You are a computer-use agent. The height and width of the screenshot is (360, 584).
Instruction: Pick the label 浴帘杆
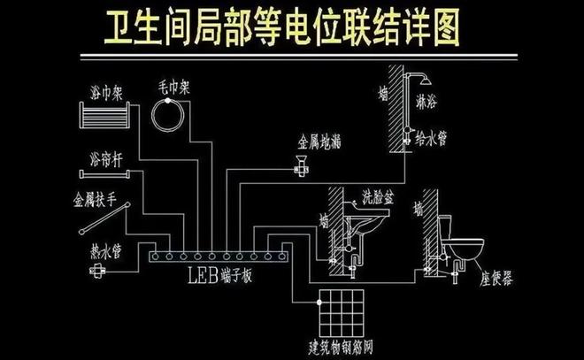tap(104, 158)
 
